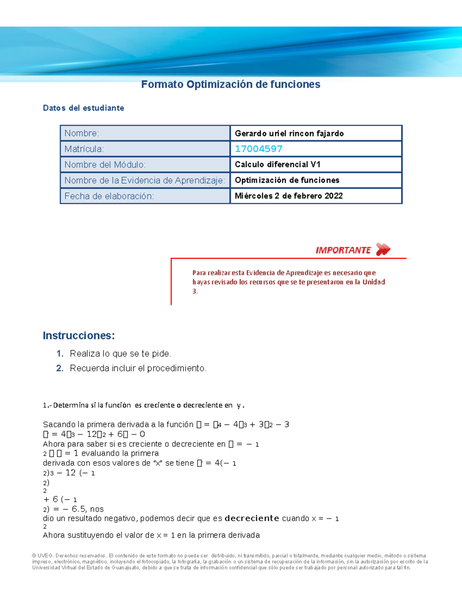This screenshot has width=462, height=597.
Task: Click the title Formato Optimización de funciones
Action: point(231,85)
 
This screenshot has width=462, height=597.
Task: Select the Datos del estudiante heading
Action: point(84,108)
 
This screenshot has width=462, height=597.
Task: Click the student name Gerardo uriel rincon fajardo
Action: point(289,133)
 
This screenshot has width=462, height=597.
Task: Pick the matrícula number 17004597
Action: point(259,149)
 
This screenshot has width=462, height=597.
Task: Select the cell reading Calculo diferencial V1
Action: point(278,165)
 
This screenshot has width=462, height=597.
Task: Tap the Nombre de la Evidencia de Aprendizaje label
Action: point(144,180)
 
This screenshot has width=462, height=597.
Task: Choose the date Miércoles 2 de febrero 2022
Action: point(289,196)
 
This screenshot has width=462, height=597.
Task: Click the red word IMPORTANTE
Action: point(343,250)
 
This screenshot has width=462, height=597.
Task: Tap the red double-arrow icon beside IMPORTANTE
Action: point(383,249)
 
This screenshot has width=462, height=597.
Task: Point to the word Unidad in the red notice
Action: point(373,282)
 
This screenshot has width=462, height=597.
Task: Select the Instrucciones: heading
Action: point(79,336)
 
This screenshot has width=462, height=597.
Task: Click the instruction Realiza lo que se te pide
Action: point(121,354)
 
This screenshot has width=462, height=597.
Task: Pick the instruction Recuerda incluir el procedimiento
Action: point(138,368)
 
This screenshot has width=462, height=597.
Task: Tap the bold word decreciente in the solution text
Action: point(252,518)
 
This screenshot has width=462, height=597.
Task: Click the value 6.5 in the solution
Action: point(79,509)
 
